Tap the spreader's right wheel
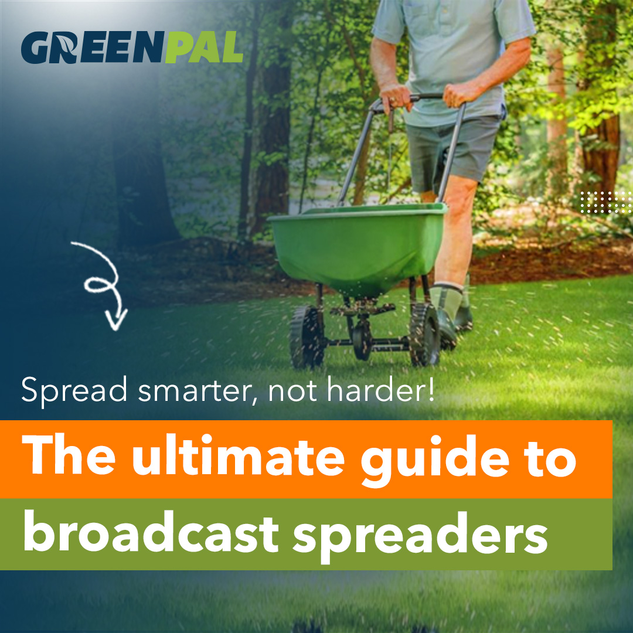click(x=424, y=334)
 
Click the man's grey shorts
click(x=451, y=152)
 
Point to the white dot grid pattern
click(x=607, y=202)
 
